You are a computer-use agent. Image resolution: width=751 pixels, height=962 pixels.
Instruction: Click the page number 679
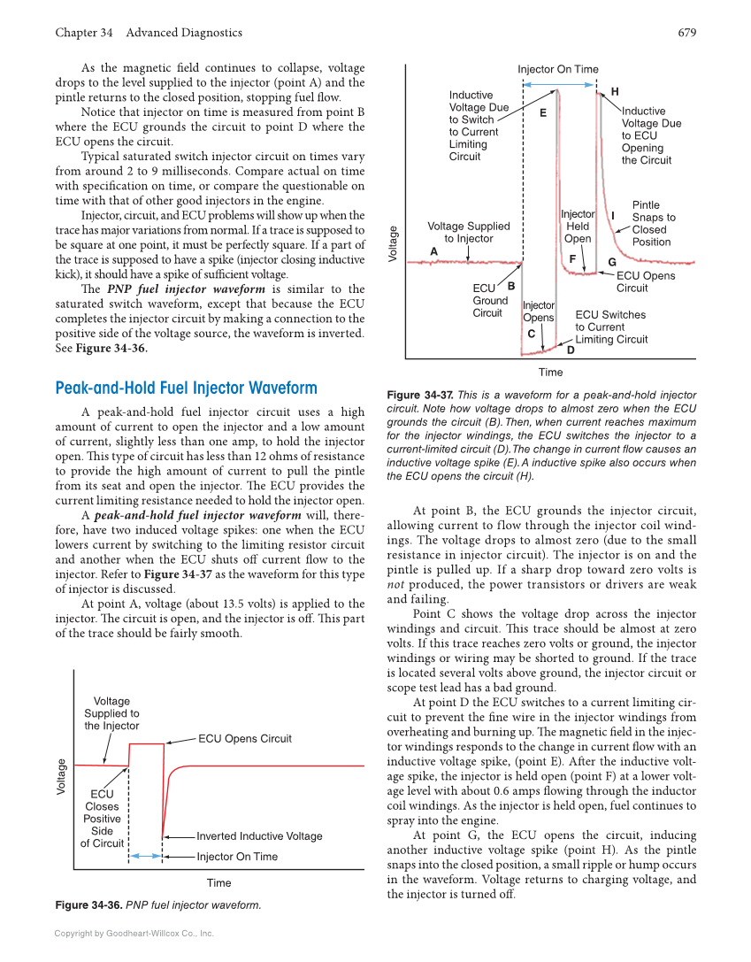pyautogui.click(x=686, y=33)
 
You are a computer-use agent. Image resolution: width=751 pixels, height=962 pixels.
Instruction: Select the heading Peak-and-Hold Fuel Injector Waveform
pyautogui.click(x=186, y=389)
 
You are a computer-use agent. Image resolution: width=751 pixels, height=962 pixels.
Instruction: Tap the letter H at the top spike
pyautogui.click(x=615, y=92)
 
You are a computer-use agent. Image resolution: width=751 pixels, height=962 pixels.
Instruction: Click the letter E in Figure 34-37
pyautogui.click(x=542, y=113)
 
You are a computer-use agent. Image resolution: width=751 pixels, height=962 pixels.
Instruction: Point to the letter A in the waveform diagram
pyautogui.click(x=433, y=251)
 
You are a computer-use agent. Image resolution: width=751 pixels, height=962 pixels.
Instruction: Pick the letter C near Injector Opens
pyautogui.click(x=531, y=334)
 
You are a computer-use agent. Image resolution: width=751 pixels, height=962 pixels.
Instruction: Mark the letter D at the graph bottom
pyautogui.click(x=571, y=350)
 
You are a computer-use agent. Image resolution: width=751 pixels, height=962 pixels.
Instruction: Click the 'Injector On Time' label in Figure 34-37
pyautogui.click(x=557, y=69)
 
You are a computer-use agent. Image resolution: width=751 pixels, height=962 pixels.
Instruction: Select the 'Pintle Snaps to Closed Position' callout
pyautogui.click(x=653, y=223)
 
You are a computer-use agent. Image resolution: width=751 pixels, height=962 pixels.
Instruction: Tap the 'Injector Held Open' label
pyautogui.click(x=578, y=227)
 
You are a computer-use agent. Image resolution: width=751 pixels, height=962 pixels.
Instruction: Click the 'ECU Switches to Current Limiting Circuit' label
pyautogui.click(x=611, y=327)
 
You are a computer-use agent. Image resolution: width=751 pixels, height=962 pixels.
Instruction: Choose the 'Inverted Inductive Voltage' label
pyautogui.click(x=259, y=836)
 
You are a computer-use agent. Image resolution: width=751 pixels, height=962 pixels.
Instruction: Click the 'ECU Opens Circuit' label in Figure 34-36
pyautogui.click(x=244, y=739)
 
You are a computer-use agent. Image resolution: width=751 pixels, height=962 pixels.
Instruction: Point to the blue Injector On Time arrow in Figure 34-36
pyautogui.click(x=146, y=856)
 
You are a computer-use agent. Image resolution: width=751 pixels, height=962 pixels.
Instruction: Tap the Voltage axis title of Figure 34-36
pyautogui.click(x=62, y=776)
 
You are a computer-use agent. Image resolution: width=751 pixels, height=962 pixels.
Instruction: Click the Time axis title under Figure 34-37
pyautogui.click(x=550, y=373)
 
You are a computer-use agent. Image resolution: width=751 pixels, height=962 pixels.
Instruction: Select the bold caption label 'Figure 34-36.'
pyautogui.click(x=88, y=905)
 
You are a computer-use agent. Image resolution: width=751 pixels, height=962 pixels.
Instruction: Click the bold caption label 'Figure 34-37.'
pyautogui.click(x=420, y=396)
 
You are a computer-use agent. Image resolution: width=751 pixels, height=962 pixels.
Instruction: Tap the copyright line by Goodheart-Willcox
pyautogui.click(x=134, y=933)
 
